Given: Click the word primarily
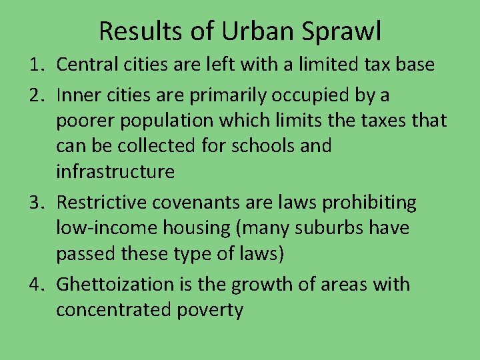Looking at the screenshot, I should (x=224, y=96).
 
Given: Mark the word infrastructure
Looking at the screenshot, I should (x=115, y=172).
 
